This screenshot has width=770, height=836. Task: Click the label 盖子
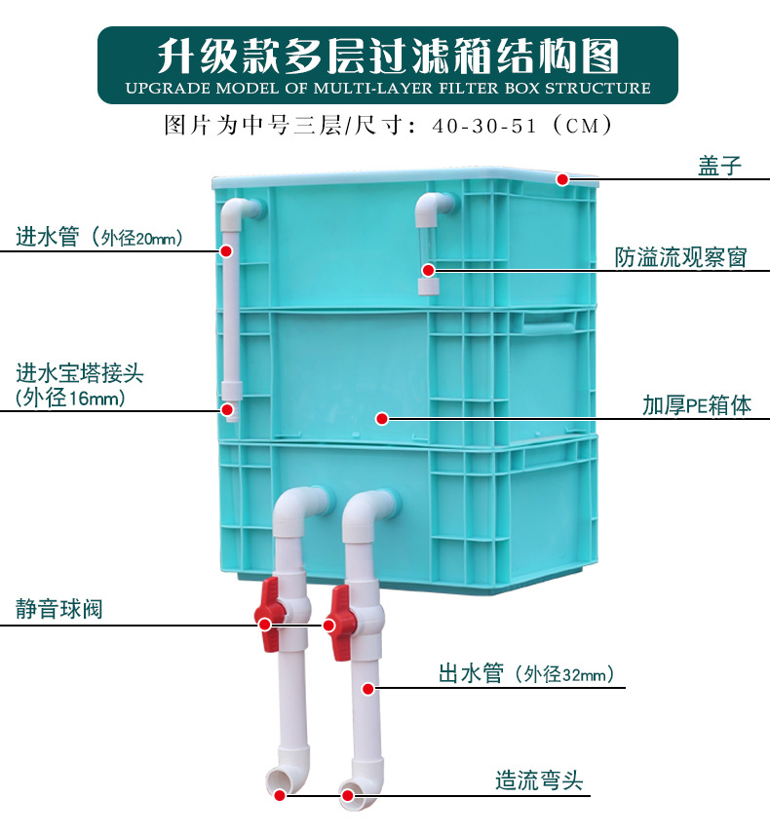pyautogui.click(x=719, y=165)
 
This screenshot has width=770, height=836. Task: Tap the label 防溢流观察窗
pyautogui.click(x=680, y=257)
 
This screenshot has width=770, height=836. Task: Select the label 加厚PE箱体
pyautogui.click(x=696, y=405)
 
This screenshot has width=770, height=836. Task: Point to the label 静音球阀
pyautogui.click(x=59, y=610)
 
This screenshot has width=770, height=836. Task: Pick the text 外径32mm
pyautogui.click(x=568, y=674)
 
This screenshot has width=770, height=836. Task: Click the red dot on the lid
pyautogui.click(x=563, y=179)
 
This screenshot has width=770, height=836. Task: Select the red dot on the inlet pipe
pyautogui.click(x=226, y=250)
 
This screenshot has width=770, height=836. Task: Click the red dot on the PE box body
pyautogui.click(x=382, y=419)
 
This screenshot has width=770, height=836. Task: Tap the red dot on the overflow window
pyautogui.click(x=426, y=269)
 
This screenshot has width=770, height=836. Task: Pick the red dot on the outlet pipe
pyautogui.click(x=368, y=689)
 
